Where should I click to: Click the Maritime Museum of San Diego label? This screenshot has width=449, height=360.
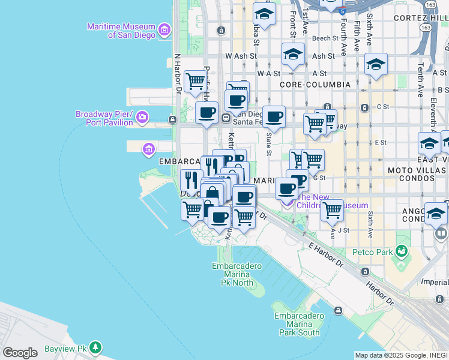pyautogui.click(x=121, y=31)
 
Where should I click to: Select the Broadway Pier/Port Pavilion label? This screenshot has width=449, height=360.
pyautogui.click(x=104, y=118)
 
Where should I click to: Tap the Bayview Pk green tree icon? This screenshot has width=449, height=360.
pyautogui.click(x=95, y=347)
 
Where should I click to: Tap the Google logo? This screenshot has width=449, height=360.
pyautogui.click(x=20, y=352)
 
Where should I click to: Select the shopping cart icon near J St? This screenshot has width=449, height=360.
pyautogui.click(x=332, y=210)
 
